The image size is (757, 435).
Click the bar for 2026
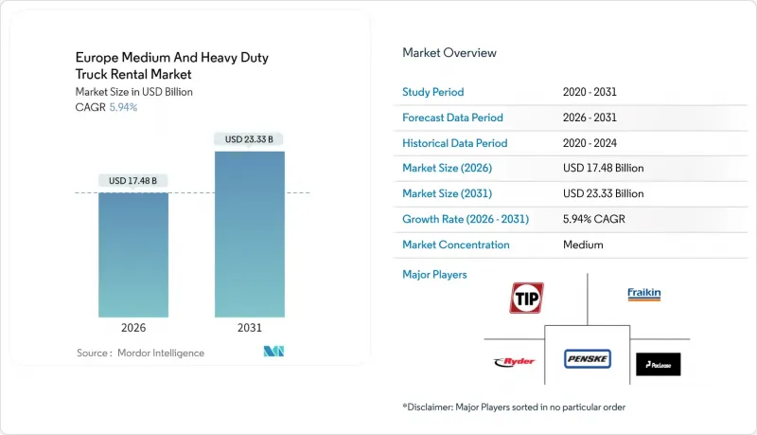(133, 255)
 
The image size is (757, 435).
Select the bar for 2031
(250, 234)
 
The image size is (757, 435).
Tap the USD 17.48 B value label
(133, 181)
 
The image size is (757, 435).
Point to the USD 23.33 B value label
(250, 139)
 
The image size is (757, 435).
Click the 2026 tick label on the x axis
(133, 328)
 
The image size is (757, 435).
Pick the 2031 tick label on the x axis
(250, 328)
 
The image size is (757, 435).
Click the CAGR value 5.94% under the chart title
(122, 107)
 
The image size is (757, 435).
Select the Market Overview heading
(449, 53)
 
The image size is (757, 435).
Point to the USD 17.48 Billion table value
(603, 169)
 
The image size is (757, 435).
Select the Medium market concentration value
(584, 245)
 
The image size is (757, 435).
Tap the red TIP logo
(527, 298)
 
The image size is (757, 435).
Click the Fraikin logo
(644, 294)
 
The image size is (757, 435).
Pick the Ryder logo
(515, 361)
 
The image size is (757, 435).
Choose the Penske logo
(588, 359)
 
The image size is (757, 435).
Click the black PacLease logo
(658, 364)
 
